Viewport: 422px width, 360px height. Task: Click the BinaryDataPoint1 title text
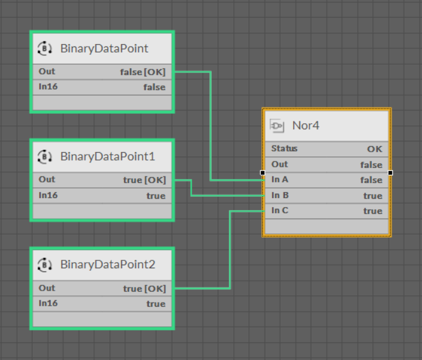[108, 156]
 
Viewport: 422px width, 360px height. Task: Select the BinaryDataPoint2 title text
[108, 265]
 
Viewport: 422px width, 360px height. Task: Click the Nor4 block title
[306, 126]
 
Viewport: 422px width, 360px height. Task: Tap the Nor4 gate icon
[277, 126]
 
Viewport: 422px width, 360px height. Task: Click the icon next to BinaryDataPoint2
[44, 265]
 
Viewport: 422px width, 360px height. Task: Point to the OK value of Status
[375, 149]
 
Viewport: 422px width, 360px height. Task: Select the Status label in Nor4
[284, 149]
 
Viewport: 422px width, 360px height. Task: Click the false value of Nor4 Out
[371, 165]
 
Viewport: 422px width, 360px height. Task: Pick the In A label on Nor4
[280, 179]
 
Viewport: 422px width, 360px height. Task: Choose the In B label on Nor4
[280, 195]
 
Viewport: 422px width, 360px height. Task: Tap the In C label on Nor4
[280, 210]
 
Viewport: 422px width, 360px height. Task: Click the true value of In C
[373, 211]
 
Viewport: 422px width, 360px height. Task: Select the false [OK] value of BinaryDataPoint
[143, 72]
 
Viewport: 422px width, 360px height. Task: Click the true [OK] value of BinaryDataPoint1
[144, 180]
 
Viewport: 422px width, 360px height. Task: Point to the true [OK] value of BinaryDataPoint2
[144, 289]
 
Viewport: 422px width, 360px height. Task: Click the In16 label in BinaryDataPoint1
[48, 195]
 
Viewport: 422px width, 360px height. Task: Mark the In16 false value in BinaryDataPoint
[154, 87]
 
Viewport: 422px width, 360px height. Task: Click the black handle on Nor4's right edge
[390, 173]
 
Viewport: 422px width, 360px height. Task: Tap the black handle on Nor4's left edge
[262, 173]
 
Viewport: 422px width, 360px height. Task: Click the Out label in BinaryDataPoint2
[47, 288]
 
